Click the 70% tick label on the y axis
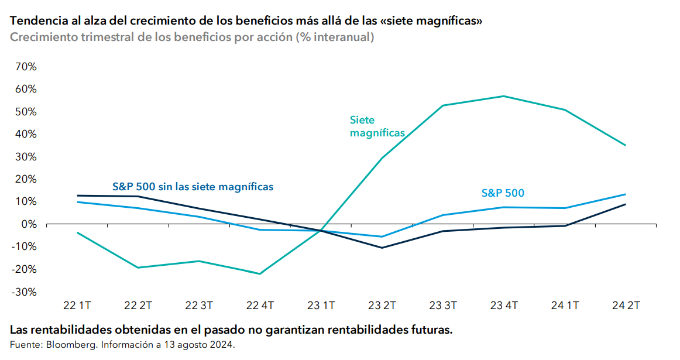point(26,67)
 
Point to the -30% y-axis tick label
point(25,292)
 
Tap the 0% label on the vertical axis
point(29,224)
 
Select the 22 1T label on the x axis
point(77,306)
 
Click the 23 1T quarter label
point(321,306)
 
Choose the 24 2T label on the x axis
point(626,306)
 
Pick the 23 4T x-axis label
point(503,306)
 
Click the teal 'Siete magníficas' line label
point(377,126)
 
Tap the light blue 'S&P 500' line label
point(503,193)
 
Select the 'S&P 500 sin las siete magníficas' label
point(193,187)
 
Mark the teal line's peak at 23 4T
point(504,96)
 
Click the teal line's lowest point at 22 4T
point(260,274)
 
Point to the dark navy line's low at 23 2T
point(382,248)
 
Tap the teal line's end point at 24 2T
point(626,145)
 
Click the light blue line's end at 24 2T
point(626,194)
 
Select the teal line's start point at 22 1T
point(77,232)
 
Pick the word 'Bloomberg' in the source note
point(65,345)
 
